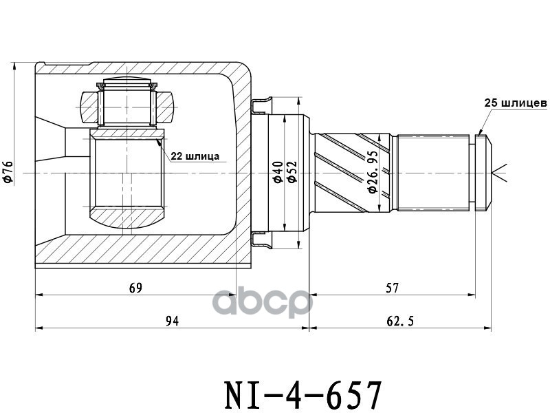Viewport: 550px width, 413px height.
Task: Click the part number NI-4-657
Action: point(303,394)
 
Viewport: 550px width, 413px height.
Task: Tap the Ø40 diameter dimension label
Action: point(277,171)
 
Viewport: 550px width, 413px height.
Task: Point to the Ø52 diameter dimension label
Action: point(291,171)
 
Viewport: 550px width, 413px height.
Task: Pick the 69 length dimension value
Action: point(136,287)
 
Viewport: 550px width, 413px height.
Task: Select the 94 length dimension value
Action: point(172,321)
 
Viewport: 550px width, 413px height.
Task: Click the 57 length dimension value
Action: point(392,287)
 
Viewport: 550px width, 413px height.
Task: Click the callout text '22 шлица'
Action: point(195,156)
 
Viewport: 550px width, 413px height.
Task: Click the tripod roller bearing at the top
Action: point(127,103)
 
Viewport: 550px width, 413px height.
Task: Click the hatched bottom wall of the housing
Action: point(137,251)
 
